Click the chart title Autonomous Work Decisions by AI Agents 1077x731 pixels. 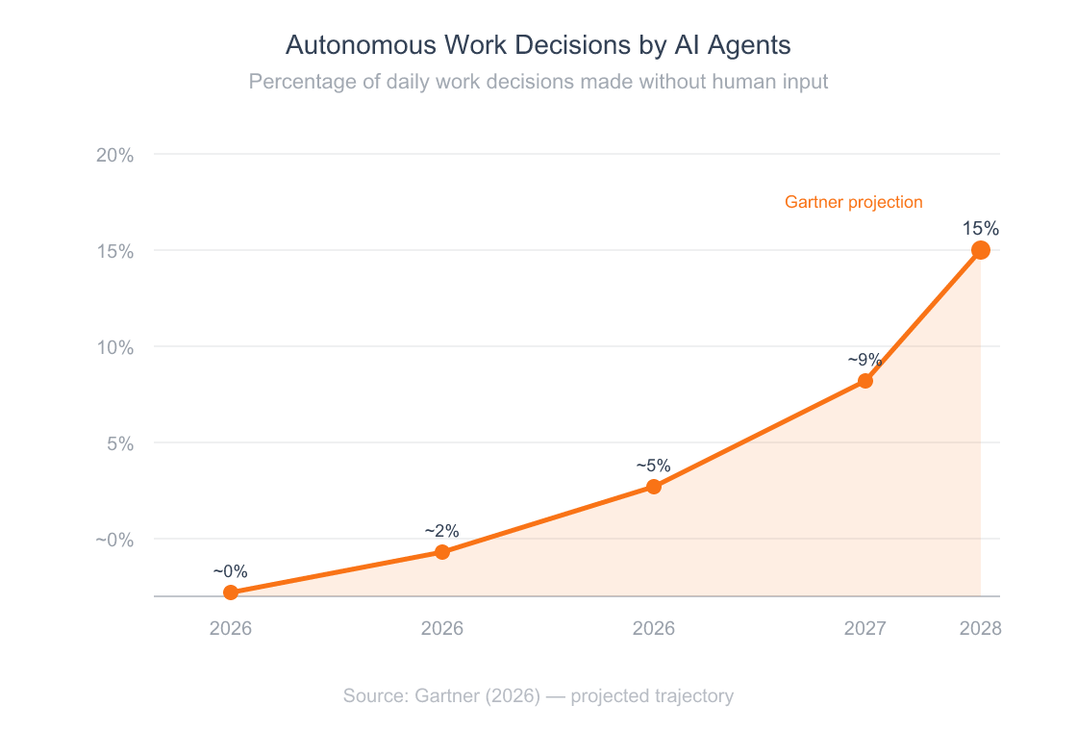(x=538, y=45)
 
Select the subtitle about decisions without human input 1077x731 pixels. (x=538, y=82)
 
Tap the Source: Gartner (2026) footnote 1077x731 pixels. (x=538, y=695)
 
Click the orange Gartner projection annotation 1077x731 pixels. (x=853, y=202)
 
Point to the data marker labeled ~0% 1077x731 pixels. (x=231, y=592)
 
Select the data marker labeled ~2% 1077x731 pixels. (x=442, y=552)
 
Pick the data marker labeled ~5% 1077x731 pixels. (x=654, y=487)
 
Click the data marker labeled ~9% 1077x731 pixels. (x=865, y=381)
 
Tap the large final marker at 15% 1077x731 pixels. (x=981, y=250)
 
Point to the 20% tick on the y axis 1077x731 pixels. (x=114, y=155)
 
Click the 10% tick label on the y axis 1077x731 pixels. (x=114, y=347)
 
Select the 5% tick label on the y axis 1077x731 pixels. (x=119, y=443)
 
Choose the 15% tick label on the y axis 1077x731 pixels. (x=114, y=251)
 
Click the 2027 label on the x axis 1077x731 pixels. (x=865, y=629)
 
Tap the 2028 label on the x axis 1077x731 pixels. (x=981, y=629)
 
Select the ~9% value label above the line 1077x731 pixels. (x=865, y=360)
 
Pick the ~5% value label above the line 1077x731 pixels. (x=654, y=466)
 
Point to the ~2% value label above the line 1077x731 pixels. (x=442, y=531)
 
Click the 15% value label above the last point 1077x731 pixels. (x=981, y=229)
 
